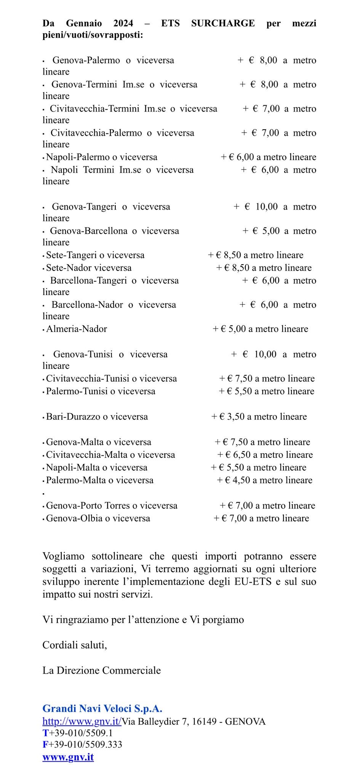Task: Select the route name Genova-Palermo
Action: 86,60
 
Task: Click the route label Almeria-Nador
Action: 77,329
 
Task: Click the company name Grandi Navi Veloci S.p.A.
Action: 102,709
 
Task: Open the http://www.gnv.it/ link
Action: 82,721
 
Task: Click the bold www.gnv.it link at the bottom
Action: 68,757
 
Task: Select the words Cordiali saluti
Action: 75,645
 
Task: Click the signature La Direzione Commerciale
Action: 102,670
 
